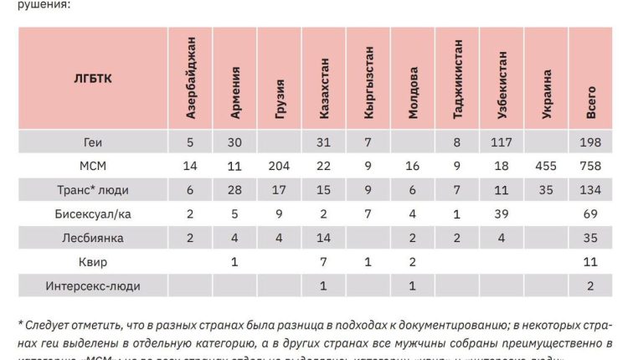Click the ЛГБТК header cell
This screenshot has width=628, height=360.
(93, 79)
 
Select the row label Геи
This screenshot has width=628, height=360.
(93, 142)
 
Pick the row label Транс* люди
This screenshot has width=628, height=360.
(93, 190)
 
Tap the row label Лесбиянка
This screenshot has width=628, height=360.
(93, 238)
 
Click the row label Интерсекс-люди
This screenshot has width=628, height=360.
(93, 285)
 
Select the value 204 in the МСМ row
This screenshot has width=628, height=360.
(280, 166)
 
